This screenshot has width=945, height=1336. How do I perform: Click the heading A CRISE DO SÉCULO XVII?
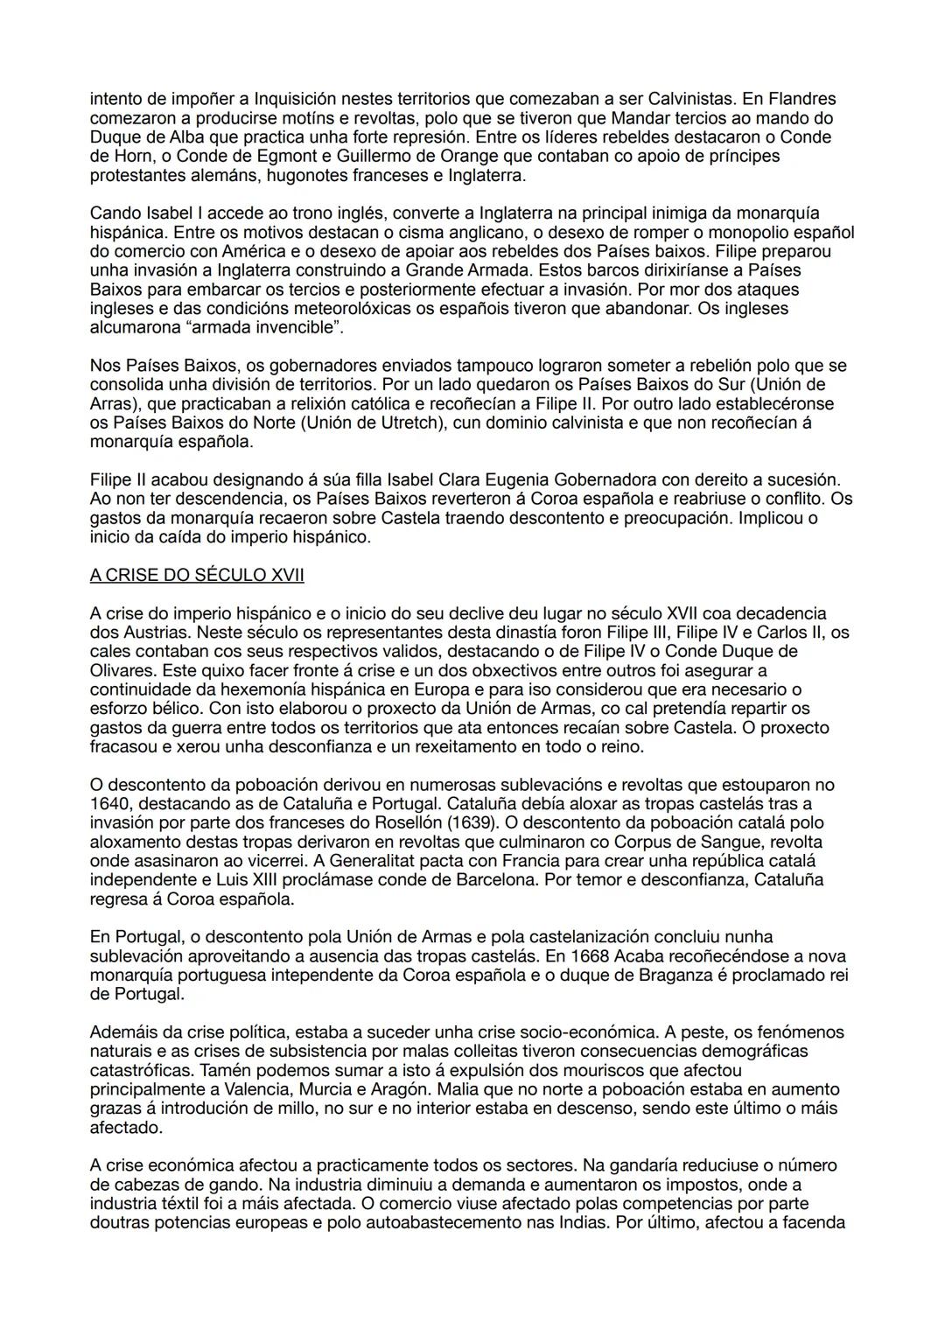pos(197,575)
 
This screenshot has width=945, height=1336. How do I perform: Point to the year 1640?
pos(108,803)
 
